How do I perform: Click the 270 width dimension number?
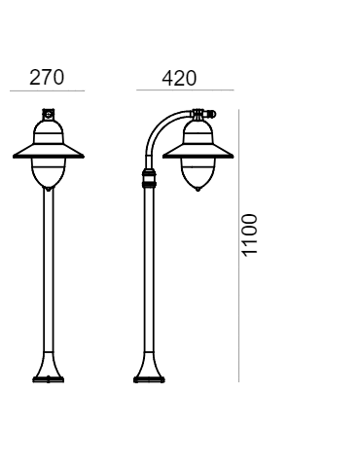tap(47, 78)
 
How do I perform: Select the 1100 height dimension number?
tap(250, 233)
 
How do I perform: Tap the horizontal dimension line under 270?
tap(47, 91)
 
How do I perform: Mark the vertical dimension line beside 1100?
tap(239, 243)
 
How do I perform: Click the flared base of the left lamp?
tap(47, 370)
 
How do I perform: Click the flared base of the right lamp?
tap(151, 370)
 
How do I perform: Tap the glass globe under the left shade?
tap(47, 173)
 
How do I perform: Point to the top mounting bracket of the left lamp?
tap(47, 115)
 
